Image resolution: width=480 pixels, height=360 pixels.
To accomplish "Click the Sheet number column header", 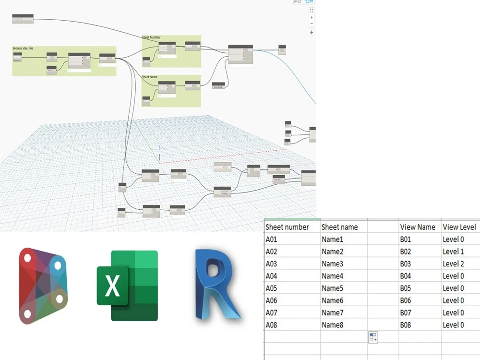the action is pos(287,227).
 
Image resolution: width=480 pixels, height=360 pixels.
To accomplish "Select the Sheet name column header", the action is pos(339,227).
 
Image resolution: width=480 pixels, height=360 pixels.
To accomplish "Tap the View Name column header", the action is pos(417,227).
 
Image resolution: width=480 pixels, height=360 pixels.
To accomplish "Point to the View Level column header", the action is pos(459,227).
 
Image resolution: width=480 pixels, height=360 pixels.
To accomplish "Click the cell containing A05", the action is pos(272,288).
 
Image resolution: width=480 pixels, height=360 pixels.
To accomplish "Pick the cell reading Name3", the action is pos(333,264).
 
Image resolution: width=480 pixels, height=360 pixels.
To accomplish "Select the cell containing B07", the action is pos(406,312).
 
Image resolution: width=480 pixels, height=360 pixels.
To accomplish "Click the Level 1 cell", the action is pos(453,251).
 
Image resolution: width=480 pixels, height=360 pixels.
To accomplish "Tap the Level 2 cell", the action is pos(453,264).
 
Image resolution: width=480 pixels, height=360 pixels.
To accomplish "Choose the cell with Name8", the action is pos(333,325).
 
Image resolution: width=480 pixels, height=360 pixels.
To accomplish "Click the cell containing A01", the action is pos(272,239).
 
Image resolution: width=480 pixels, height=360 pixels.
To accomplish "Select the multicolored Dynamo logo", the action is pos(43,285).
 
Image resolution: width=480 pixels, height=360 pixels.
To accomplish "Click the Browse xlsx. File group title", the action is pos(23,48).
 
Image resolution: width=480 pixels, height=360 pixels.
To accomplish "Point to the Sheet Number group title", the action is pos(151,37).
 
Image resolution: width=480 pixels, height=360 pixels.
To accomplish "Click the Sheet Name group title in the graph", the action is pos(150,77).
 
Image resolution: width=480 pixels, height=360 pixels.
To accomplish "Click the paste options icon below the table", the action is pos(373,337).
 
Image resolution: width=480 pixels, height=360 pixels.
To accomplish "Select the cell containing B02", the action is pos(406,251).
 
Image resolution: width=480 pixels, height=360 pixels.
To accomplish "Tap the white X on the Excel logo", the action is pos(112,285).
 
